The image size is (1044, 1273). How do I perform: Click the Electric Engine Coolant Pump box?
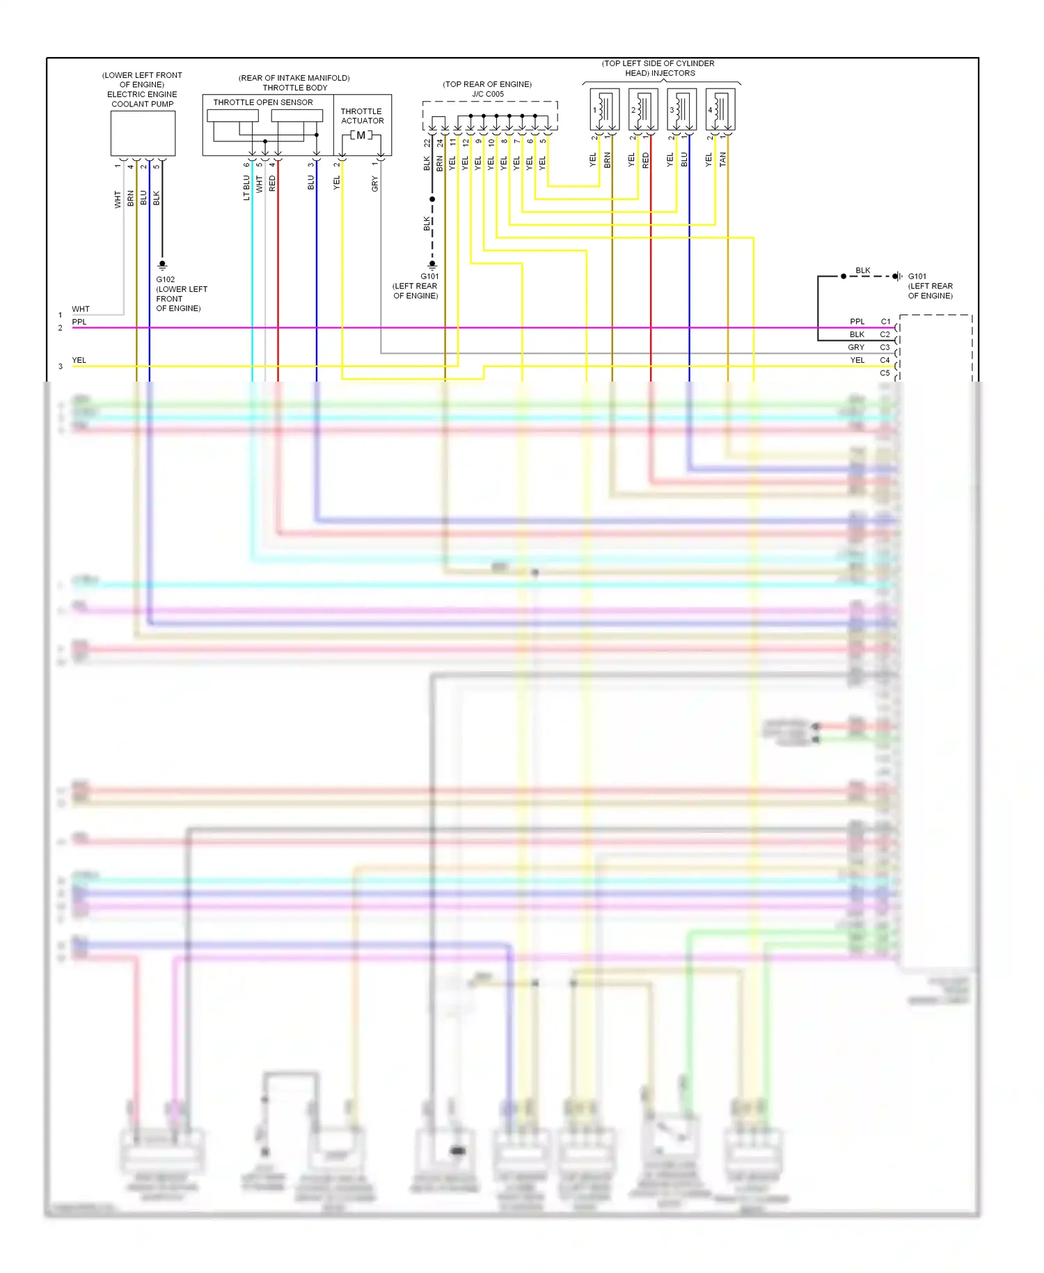tap(143, 133)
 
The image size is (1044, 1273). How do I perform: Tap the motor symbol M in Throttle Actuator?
tap(361, 135)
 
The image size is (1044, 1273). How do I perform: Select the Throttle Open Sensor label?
tap(262, 102)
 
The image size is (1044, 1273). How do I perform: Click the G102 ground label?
tap(166, 279)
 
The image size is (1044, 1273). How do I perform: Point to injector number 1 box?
tap(604, 109)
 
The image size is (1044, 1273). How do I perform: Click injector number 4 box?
tap(720, 109)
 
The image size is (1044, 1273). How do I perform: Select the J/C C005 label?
tap(487, 94)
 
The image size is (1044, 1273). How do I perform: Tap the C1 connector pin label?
tap(885, 322)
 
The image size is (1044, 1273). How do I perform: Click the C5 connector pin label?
tap(885, 373)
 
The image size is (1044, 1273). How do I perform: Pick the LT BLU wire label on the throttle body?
tap(246, 187)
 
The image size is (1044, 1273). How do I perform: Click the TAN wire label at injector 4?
tap(722, 159)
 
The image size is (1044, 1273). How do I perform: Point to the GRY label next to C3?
tap(856, 347)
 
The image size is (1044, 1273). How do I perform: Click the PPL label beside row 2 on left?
tap(79, 322)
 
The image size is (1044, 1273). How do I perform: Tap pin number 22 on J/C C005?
tap(427, 143)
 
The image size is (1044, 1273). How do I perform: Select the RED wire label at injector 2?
tap(645, 160)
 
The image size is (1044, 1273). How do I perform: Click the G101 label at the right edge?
tap(917, 276)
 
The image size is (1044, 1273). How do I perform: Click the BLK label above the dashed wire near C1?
tap(862, 270)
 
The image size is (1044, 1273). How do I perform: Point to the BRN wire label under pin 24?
tap(440, 164)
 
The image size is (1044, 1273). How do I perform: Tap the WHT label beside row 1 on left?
tap(81, 309)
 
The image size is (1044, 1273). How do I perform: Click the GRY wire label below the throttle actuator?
tap(375, 184)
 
